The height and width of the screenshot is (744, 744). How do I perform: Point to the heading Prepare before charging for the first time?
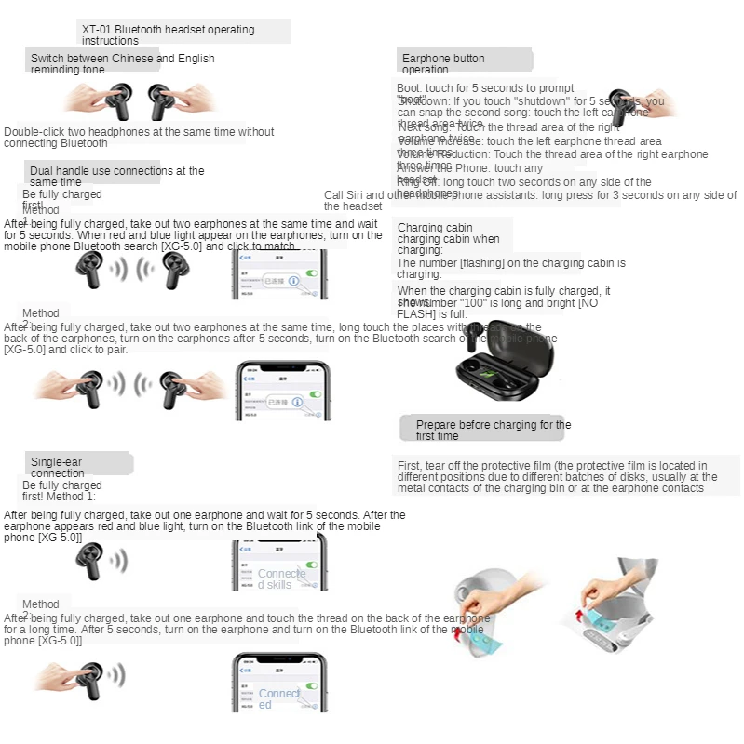[494, 430]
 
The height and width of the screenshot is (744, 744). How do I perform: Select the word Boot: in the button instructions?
[411, 88]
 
